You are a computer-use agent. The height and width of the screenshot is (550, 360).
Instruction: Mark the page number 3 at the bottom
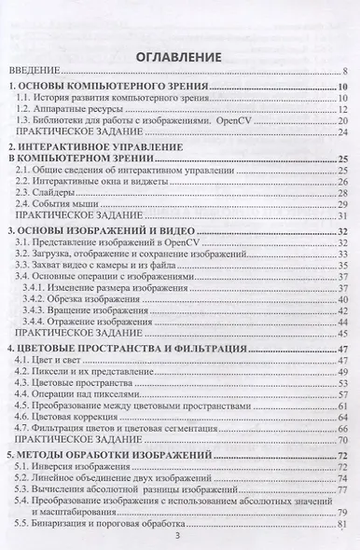(178, 535)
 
